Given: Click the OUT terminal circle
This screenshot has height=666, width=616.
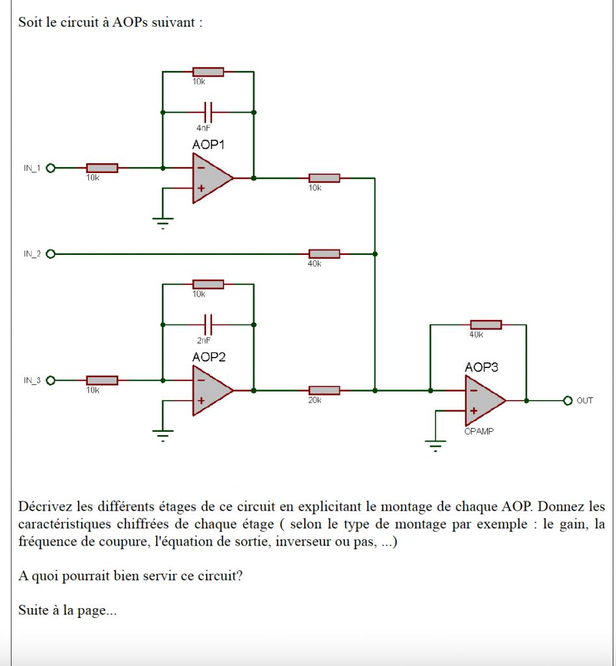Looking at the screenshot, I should [567, 400].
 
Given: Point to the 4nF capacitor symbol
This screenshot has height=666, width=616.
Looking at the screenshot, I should [208, 112].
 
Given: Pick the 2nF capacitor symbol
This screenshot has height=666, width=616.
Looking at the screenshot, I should [208, 323].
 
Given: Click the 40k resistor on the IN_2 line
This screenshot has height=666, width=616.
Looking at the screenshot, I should [324, 253].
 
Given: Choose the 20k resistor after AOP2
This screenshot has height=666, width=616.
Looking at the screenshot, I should [324, 390].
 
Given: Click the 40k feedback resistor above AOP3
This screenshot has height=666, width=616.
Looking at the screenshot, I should [485, 325].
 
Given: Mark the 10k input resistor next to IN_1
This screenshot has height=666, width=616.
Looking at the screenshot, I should [102, 168].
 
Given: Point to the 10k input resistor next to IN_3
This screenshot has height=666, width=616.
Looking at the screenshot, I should [102, 380].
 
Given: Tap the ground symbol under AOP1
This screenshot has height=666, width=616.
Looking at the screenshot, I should [162, 223].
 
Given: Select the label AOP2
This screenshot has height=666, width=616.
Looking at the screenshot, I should [209, 357].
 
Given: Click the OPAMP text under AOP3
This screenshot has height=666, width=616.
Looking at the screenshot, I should [479, 431].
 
